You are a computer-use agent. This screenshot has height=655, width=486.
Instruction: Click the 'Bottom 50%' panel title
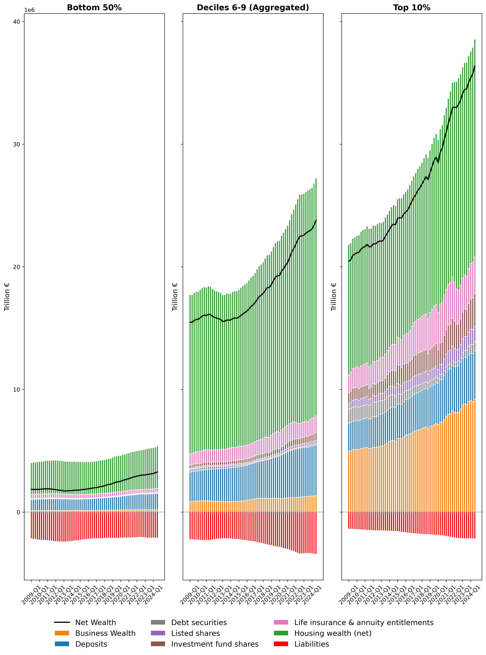(x=94, y=8)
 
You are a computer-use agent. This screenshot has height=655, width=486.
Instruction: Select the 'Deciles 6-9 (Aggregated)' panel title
(x=253, y=8)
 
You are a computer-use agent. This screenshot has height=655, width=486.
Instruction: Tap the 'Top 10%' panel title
(x=412, y=8)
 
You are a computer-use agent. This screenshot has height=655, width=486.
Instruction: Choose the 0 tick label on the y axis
(x=18, y=512)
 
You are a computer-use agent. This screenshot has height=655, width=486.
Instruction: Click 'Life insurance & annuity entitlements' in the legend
(x=364, y=622)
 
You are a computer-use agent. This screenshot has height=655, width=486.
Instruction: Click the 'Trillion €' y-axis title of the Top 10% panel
(x=334, y=297)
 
